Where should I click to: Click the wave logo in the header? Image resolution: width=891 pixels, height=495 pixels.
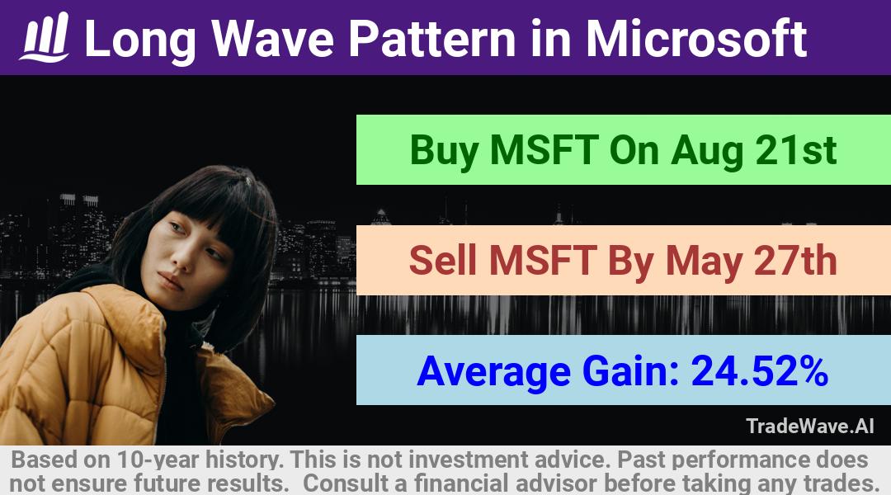pos(45,37)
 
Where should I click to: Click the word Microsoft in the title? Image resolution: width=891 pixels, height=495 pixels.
pos(696,38)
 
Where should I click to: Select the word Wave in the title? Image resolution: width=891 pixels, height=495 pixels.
pos(273,39)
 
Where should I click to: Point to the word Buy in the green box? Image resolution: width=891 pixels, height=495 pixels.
pos(444,151)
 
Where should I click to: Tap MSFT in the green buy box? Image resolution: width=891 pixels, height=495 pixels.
pos(544,150)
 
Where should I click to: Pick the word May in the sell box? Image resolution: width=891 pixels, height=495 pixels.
pos(704,262)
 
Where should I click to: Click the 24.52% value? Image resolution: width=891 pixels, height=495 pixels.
pos(759,370)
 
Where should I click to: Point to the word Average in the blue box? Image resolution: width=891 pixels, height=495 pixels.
pos(493,372)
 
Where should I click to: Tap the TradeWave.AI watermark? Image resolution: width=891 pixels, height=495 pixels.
pos(810,426)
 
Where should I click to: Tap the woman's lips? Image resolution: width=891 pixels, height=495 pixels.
pos(171,280)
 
